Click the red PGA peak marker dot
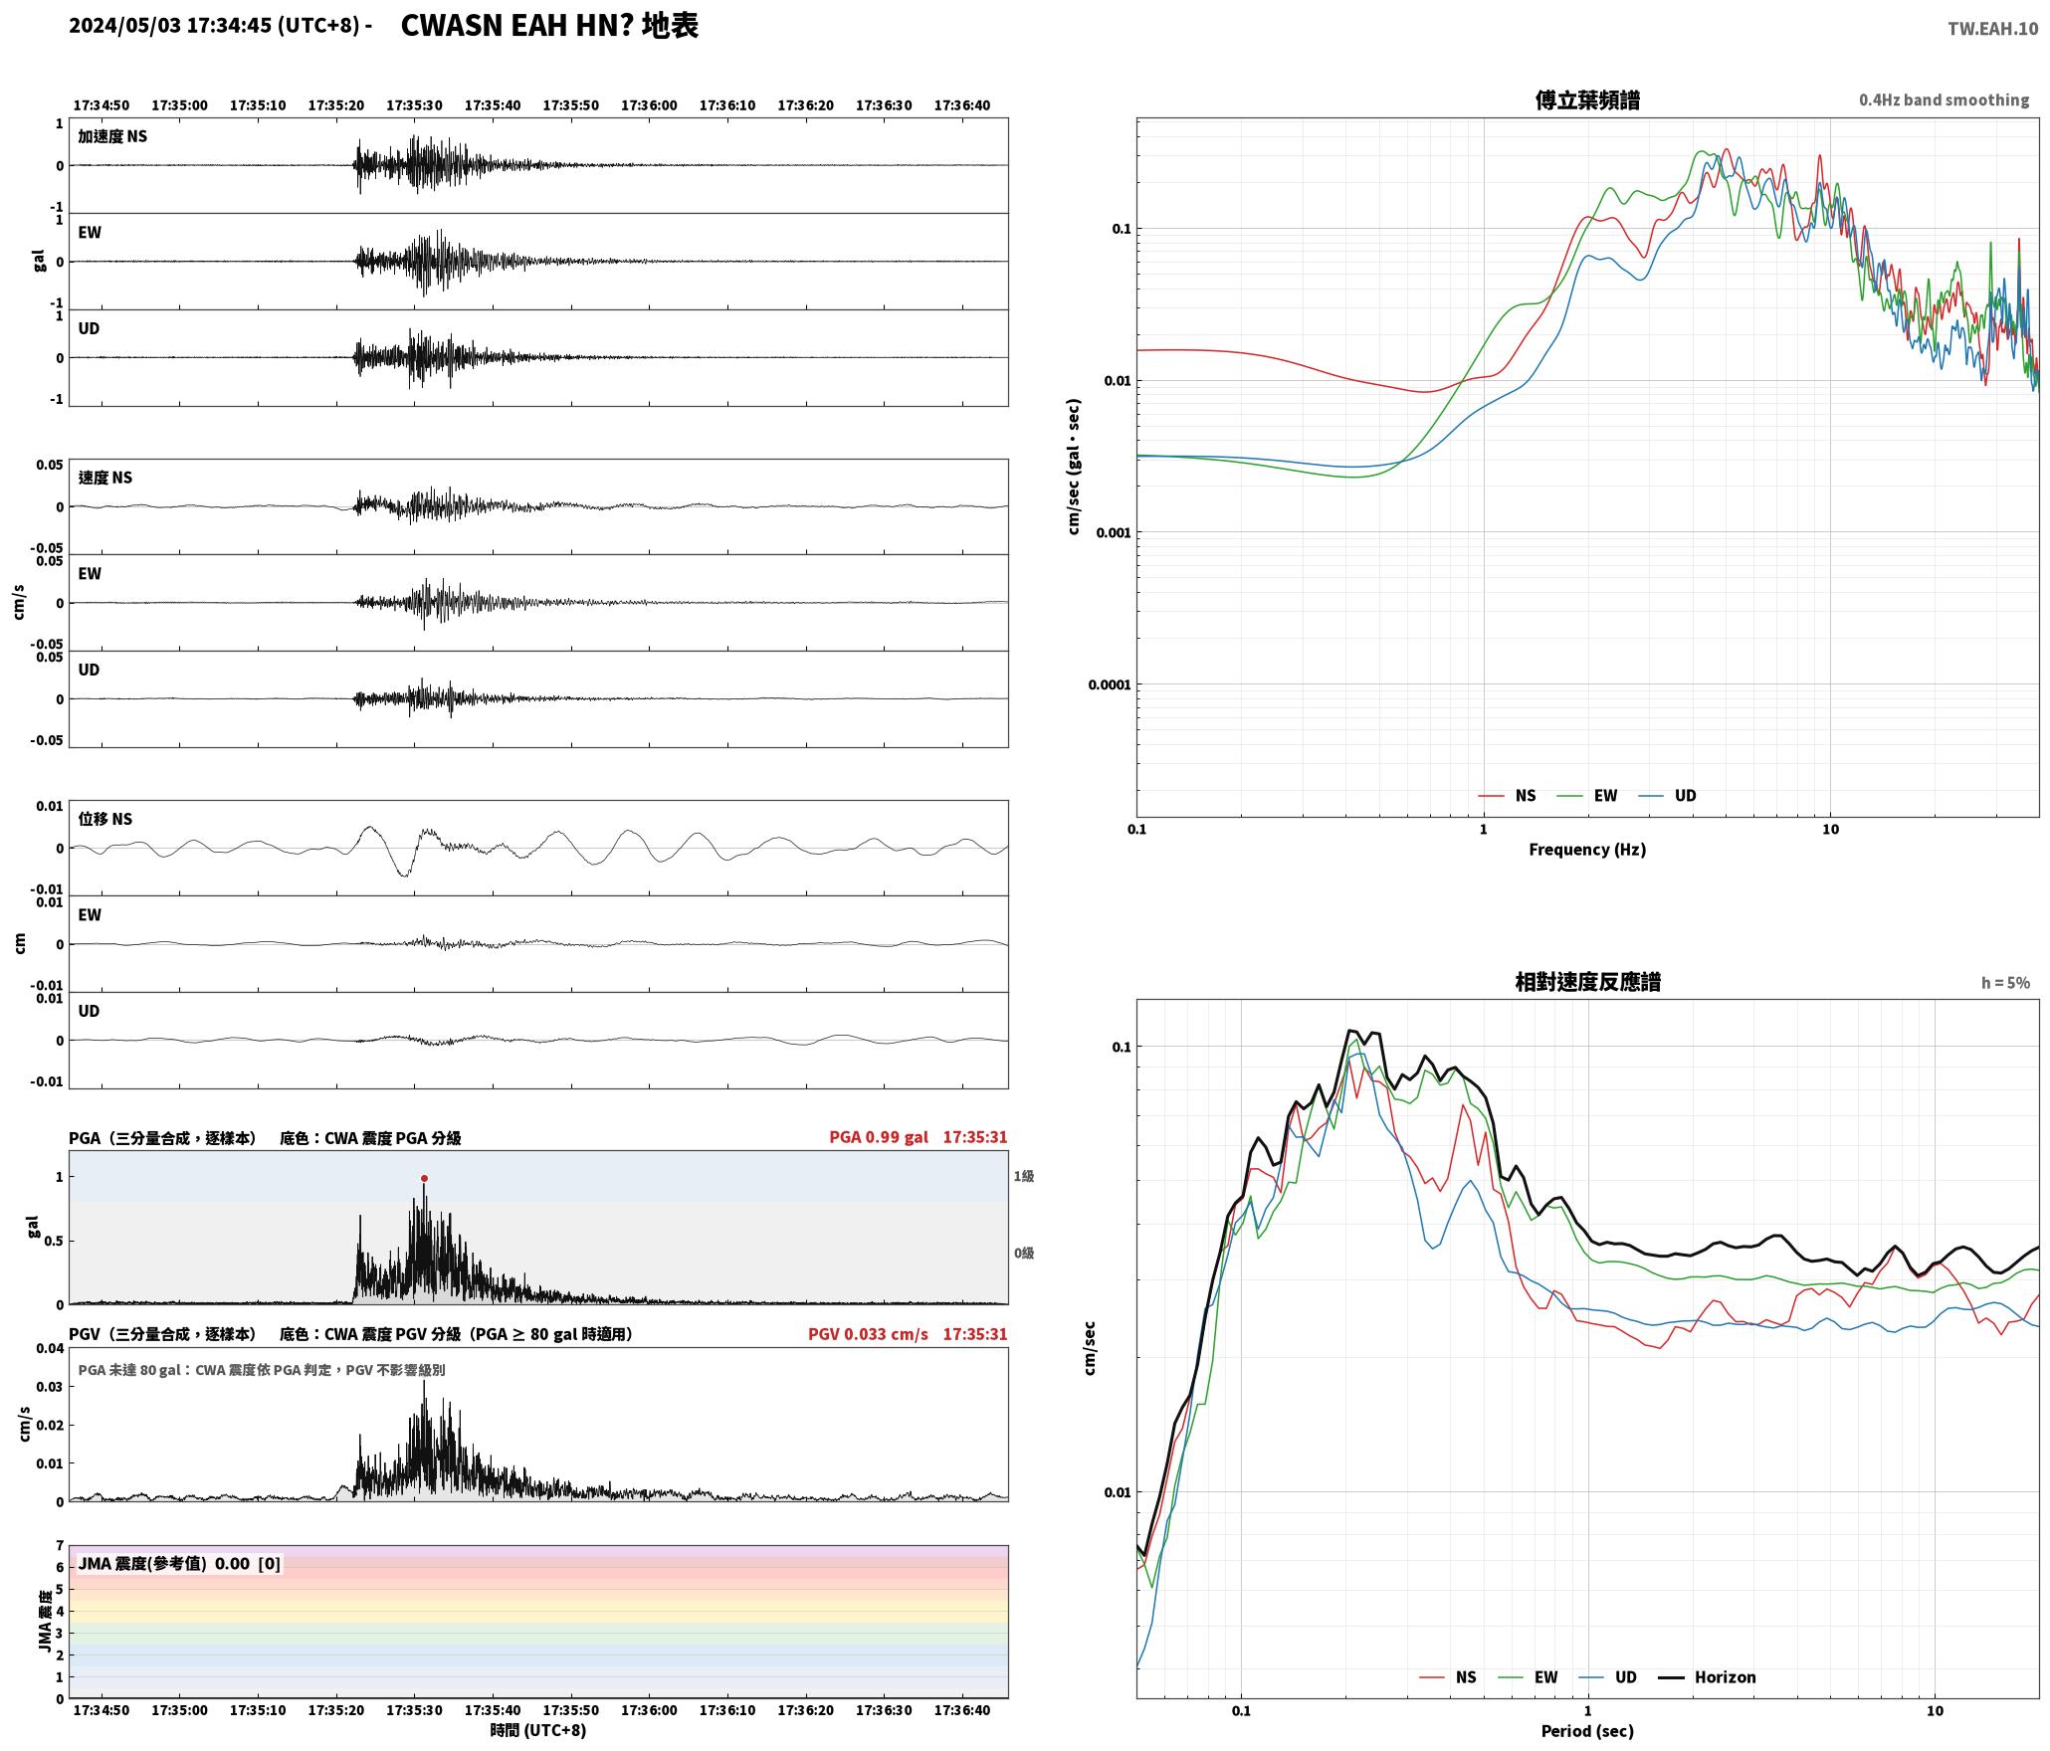click(x=424, y=1178)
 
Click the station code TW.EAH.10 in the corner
click(x=1992, y=29)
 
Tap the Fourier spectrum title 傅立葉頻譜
click(x=1587, y=99)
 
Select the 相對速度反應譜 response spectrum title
click(x=1587, y=981)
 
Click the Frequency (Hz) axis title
click(x=1587, y=849)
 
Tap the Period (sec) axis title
click(x=1587, y=1730)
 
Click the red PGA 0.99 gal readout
click(x=879, y=1136)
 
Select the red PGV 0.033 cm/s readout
click(x=868, y=1333)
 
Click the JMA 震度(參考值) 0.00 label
click(x=163, y=1563)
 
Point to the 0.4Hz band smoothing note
click(x=1944, y=99)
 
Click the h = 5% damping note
click(x=2005, y=982)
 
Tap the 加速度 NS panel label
click(x=112, y=136)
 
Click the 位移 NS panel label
click(x=105, y=819)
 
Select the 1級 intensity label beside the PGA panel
click(x=1024, y=1176)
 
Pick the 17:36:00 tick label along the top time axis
click(x=649, y=105)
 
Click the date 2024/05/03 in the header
click(x=125, y=26)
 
